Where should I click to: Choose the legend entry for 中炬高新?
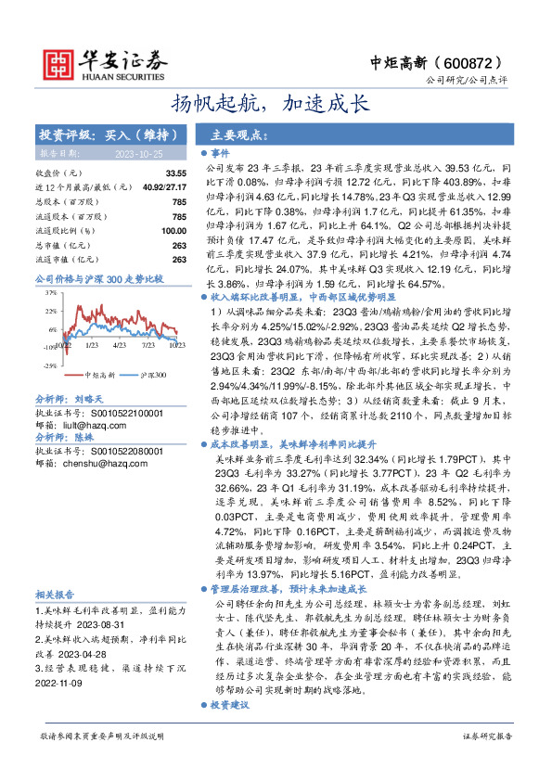tap(100, 375)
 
